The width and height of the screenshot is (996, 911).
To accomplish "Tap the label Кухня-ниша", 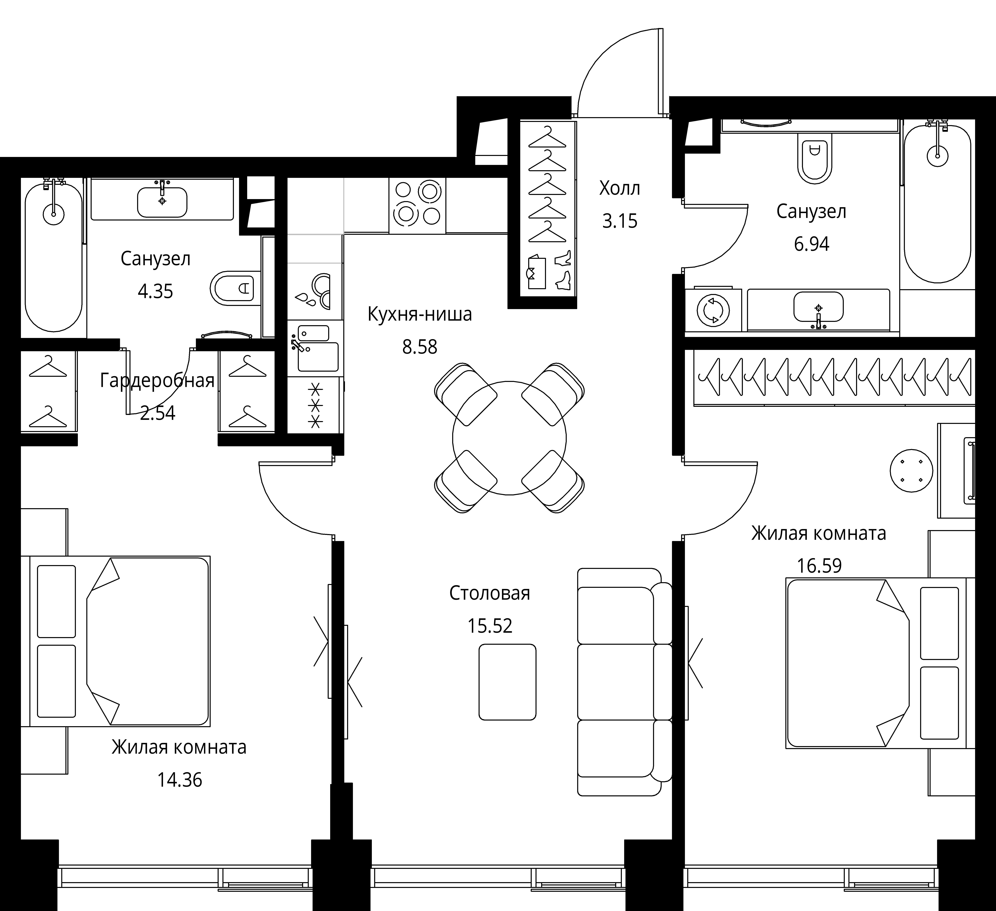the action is [x=419, y=314].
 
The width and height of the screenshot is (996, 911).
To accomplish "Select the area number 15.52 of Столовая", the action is [x=490, y=626].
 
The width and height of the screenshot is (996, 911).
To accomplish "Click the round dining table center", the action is [x=509, y=438].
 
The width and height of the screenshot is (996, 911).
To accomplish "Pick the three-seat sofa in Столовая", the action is [x=624, y=682].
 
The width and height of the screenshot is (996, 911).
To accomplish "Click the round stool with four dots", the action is [x=912, y=471].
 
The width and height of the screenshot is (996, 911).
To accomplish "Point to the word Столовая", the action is [x=490, y=593].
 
